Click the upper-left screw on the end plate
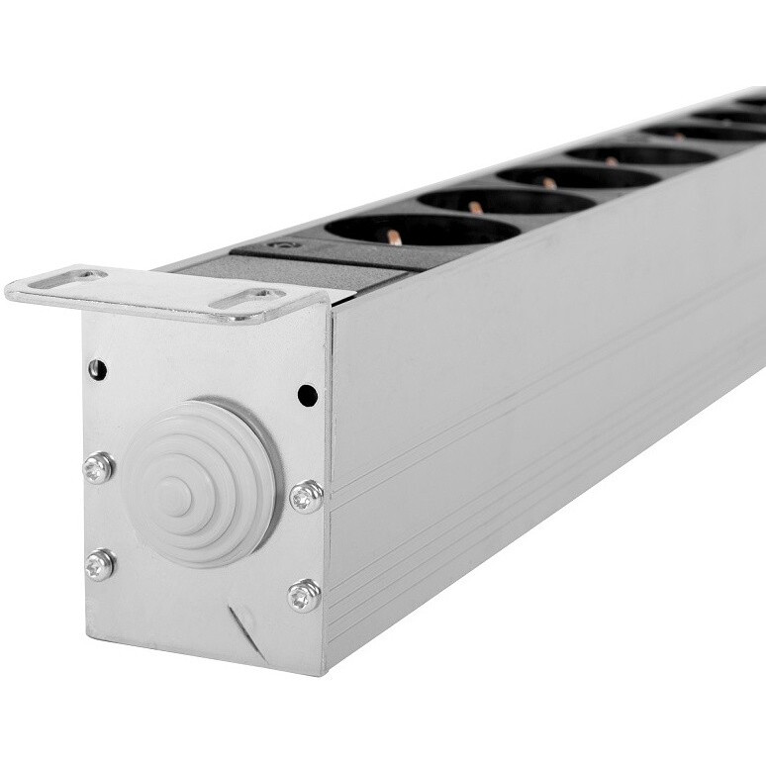tap(98, 467)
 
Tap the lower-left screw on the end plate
tap(99, 564)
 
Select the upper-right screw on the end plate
tap(306, 496)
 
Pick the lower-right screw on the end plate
tap(304, 595)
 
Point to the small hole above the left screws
tap(97, 370)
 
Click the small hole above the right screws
tap(308, 396)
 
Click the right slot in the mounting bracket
tap(247, 298)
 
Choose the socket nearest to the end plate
tap(423, 230)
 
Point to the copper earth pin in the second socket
tap(476, 208)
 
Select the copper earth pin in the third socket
tap(549, 183)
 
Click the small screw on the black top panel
tap(284, 243)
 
